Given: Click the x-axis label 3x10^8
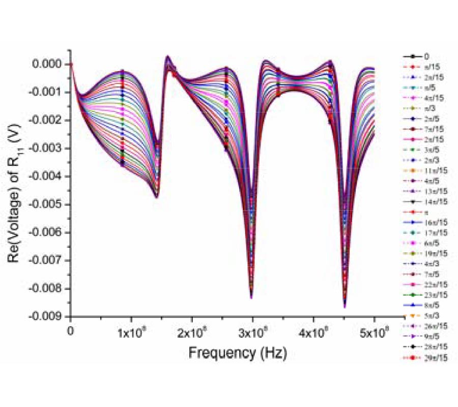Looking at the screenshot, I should click(253, 334).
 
